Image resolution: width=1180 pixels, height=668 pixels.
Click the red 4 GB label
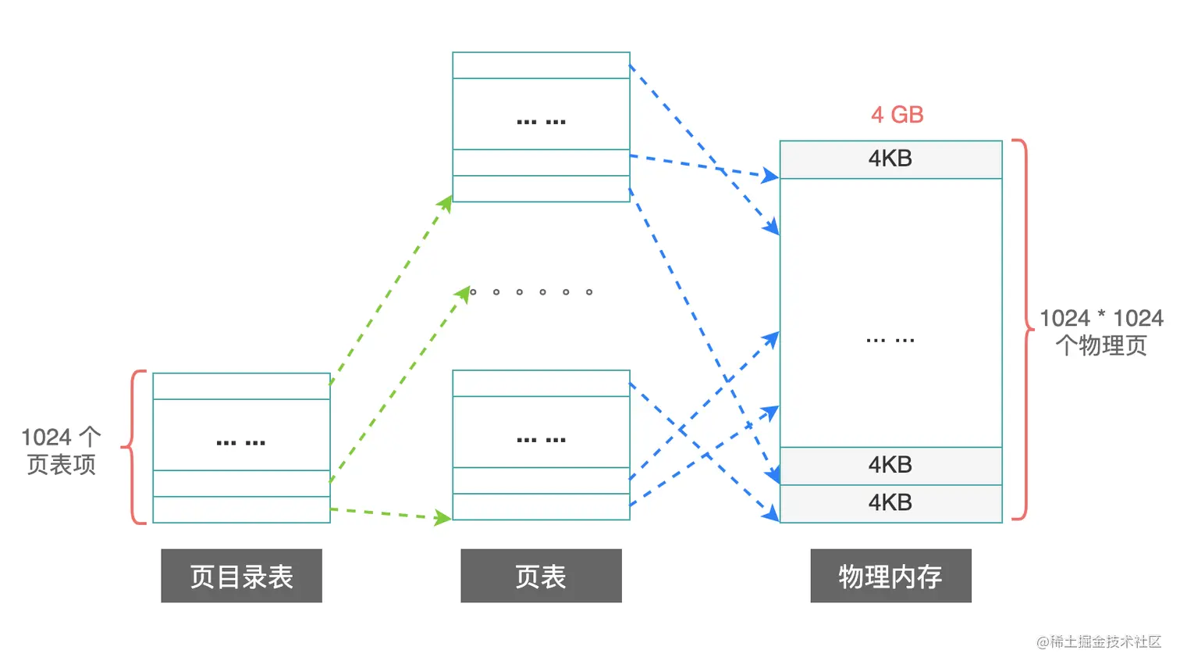click(x=897, y=115)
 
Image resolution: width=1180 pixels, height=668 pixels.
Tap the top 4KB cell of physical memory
click(x=890, y=159)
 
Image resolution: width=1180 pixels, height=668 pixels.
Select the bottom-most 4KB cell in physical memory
click(x=890, y=503)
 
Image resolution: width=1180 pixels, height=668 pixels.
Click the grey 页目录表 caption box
click(x=241, y=576)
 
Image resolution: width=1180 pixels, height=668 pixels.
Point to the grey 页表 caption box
click(x=541, y=576)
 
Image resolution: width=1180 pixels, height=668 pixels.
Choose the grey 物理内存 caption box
click(x=890, y=576)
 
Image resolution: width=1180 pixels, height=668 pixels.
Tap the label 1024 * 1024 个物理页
click(x=1101, y=331)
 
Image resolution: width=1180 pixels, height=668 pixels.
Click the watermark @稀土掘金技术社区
click(x=1099, y=641)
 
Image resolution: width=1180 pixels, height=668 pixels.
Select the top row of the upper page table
click(x=541, y=66)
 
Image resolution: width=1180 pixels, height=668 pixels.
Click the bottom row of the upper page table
click(x=541, y=189)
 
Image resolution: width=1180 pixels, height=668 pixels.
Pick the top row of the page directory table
click(x=241, y=386)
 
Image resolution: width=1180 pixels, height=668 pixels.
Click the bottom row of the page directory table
click(x=241, y=509)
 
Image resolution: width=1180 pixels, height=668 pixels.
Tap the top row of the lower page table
click(x=541, y=384)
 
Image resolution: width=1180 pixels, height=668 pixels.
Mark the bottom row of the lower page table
click(x=541, y=507)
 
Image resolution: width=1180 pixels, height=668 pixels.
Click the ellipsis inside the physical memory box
click(x=890, y=340)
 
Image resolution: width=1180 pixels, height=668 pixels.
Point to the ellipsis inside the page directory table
click(x=241, y=442)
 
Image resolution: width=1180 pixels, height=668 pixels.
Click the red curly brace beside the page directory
click(x=134, y=447)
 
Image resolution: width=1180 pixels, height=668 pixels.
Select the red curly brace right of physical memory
click(x=1022, y=330)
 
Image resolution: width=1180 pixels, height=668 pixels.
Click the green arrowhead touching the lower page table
click(x=444, y=517)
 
